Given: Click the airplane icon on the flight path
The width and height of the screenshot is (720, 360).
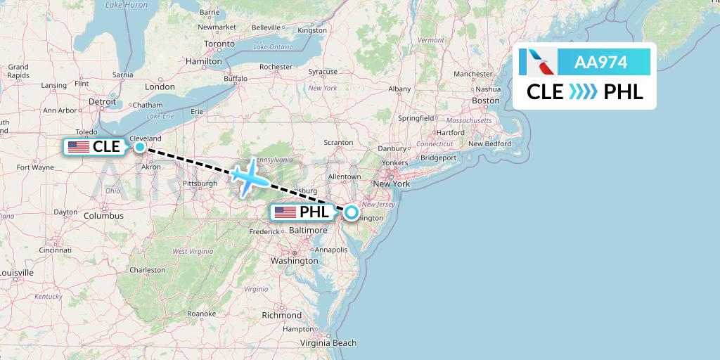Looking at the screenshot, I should tap(249, 178).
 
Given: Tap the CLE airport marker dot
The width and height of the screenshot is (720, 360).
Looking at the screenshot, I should tap(140, 147).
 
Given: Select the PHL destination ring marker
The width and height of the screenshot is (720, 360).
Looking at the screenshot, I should tap(351, 212).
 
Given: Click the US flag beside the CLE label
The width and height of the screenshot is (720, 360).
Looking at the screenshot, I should tap(79, 147).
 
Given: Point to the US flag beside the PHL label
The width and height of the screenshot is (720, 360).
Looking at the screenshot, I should tap(285, 212).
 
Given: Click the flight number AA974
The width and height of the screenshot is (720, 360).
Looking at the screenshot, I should tap(600, 63).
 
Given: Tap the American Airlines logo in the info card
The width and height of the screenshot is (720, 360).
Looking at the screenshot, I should tap(537, 62).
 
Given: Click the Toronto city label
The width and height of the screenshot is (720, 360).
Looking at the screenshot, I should tap(219, 44).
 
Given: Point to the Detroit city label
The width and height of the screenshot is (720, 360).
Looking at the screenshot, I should tap(103, 101).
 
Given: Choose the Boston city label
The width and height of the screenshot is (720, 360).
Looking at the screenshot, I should tap(486, 101).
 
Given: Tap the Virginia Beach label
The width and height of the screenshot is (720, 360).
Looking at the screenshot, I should tap(328, 343).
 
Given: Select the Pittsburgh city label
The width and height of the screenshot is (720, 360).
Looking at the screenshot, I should tap(199, 184).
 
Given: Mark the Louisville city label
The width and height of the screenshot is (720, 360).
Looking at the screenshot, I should tap(16, 273).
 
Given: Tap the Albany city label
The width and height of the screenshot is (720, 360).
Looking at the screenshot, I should tap(399, 89).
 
